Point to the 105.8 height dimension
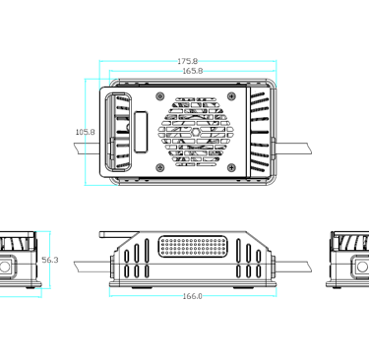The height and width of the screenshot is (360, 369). (85, 132)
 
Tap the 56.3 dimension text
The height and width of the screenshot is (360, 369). (50, 260)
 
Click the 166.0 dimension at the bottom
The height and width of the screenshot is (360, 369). (193, 296)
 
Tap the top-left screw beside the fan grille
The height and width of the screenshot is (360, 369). (159, 95)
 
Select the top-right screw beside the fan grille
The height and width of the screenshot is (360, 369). (233, 95)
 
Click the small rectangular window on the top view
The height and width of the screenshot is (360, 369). (140, 132)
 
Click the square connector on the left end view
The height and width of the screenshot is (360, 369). (9, 267)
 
